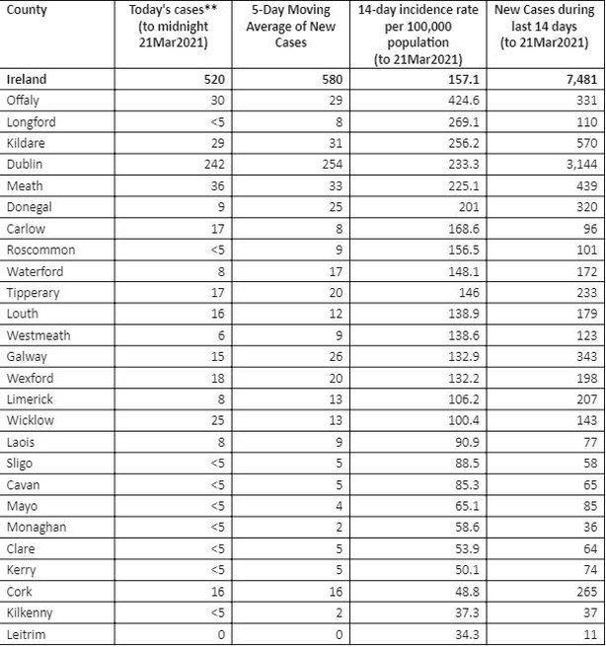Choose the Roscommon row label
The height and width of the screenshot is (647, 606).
tap(40, 250)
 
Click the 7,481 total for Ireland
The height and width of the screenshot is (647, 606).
tap(580, 79)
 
